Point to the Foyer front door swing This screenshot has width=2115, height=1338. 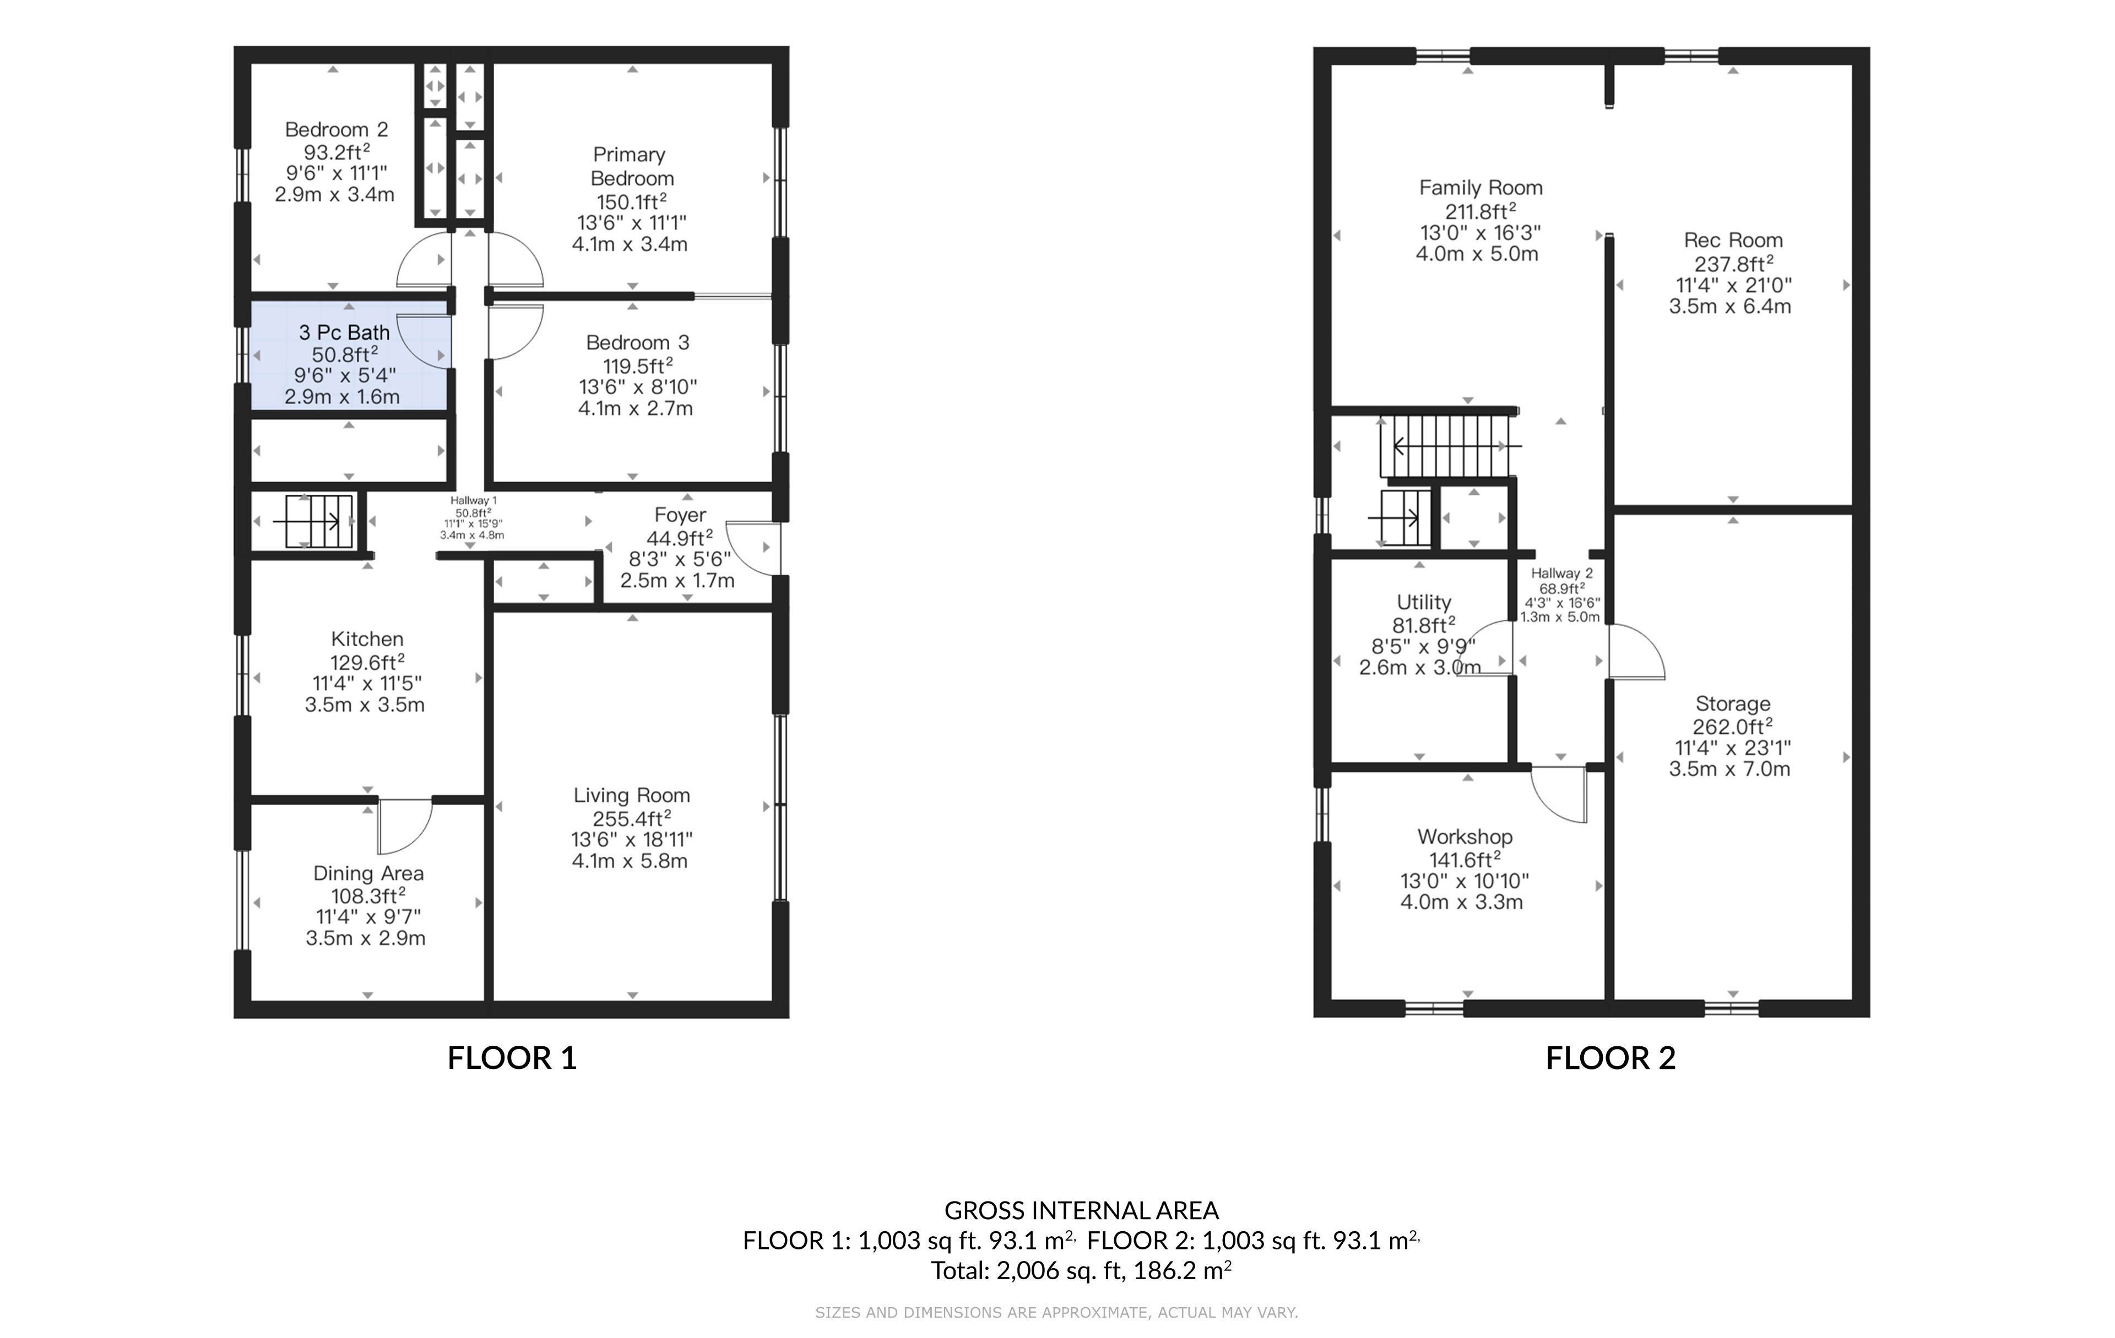point(753,549)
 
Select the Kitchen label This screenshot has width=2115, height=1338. point(367,639)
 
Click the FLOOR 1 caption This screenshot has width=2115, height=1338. point(512,1058)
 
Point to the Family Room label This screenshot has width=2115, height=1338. point(1481,188)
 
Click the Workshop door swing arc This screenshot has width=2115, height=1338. point(1559,795)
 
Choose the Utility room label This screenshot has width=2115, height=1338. point(1424,602)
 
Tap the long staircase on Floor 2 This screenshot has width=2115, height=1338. point(1449,446)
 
